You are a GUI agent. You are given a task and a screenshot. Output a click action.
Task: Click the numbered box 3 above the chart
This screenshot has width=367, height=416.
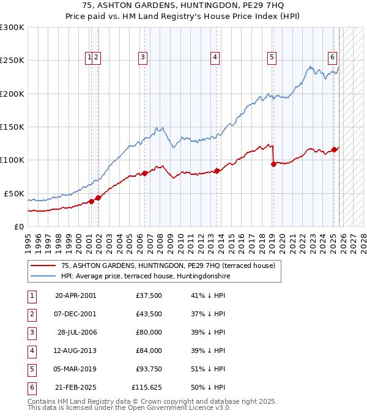click(x=143, y=58)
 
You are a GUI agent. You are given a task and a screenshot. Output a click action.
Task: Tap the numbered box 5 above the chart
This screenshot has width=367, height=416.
click(x=272, y=58)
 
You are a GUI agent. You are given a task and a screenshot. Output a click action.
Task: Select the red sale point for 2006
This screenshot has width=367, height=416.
click(x=145, y=173)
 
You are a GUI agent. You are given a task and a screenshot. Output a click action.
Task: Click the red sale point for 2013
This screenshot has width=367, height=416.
click(x=217, y=171)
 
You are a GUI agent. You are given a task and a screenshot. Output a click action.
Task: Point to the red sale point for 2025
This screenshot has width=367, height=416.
click(x=334, y=149)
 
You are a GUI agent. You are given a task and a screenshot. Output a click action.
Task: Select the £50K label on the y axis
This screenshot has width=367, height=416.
click(x=14, y=193)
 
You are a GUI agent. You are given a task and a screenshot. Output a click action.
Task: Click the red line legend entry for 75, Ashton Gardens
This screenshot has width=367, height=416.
click(x=168, y=266)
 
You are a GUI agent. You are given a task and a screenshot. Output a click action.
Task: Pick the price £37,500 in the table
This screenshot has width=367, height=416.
click(x=149, y=295)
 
